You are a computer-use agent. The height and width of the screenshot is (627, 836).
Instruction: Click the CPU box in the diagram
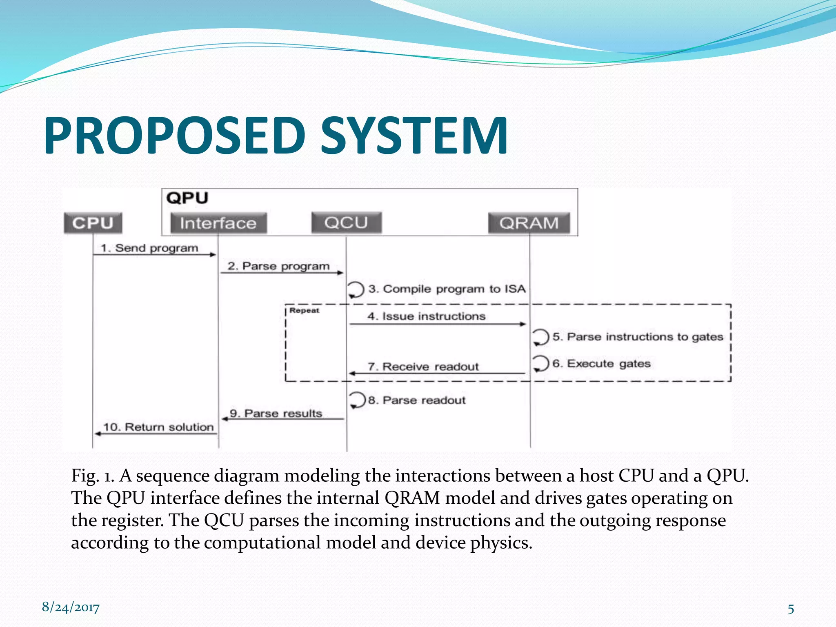coord(93,223)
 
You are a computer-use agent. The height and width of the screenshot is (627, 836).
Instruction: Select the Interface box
coord(218,223)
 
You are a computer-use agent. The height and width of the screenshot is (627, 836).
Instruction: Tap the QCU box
coord(346,222)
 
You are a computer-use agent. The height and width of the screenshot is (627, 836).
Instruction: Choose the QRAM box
coord(529,223)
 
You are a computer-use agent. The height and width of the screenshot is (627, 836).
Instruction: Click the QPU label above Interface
coord(187,198)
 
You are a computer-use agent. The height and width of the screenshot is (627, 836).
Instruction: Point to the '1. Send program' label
coord(149,248)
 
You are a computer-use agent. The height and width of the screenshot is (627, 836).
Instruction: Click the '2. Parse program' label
coord(278,266)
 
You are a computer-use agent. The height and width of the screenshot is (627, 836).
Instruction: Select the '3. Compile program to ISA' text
coord(447,289)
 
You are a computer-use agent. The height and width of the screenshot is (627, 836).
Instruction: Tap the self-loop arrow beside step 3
coord(356,289)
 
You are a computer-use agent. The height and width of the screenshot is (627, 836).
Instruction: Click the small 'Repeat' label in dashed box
coord(304,310)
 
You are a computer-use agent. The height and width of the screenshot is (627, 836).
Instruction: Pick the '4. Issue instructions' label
coord(426,316)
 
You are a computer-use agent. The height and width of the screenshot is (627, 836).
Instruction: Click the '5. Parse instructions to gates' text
coord(638,337)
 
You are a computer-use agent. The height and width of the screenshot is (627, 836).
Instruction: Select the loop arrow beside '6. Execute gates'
coord(540,363)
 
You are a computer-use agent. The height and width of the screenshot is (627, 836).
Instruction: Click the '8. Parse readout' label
coord(417,400)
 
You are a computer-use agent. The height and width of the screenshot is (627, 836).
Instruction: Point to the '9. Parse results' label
coord(276,414)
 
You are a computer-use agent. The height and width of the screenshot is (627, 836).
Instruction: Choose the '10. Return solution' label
coord(158,427)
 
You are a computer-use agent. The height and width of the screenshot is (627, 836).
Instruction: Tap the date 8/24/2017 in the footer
coord(71,607)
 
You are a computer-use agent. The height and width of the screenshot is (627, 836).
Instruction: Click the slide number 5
coord(791,609)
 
